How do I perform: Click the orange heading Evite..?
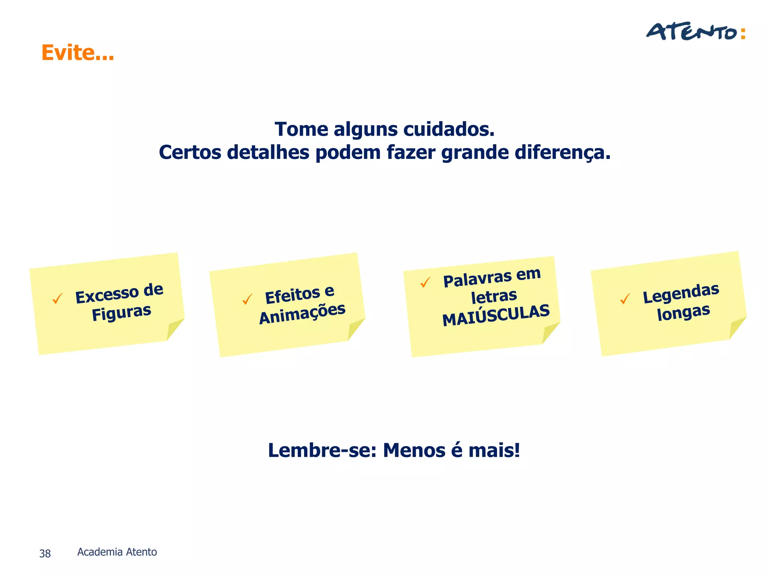click(x=77, y=53)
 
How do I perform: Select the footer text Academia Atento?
click(x=117, y=552)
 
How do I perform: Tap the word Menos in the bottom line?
click(x=414, y=450)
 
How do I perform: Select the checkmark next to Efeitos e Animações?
click(x=247, y=299)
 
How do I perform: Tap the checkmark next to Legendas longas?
click(x=625, y=299)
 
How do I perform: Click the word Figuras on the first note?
click(x=121, y=313)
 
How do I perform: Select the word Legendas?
click(x=681, y=293)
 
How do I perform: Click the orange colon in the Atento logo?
click(x=743, y=33)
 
